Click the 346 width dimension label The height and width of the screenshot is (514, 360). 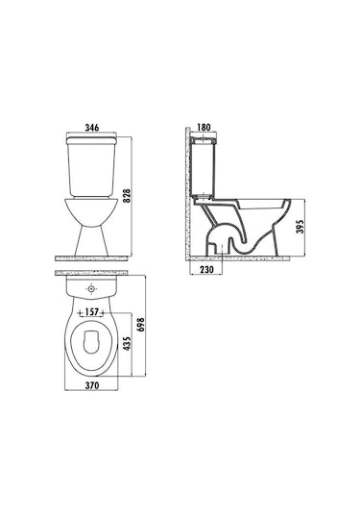coord(92,127)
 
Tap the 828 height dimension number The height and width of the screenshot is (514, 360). coord(127,196)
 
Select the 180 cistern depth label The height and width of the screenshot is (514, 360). coord(204,127)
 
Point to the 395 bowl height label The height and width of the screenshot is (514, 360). coord(300,227)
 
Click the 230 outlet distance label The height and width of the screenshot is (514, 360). coord(206,269)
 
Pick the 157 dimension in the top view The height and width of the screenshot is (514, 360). coord(92,312)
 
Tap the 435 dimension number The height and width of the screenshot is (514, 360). coord(127,343)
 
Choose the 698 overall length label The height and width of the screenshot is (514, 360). coord(140,325)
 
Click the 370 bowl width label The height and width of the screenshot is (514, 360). coord(92,385)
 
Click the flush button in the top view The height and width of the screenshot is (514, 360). coord(91,289)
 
